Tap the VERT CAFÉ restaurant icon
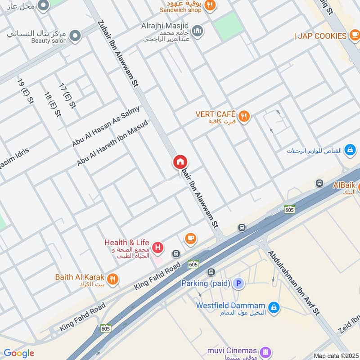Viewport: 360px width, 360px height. [244, 117]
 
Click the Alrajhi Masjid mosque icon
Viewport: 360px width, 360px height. [197, 31]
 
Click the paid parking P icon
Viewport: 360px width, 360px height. [239, 283]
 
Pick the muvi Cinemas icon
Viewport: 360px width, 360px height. [266, 351]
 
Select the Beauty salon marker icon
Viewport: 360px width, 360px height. [75, 36]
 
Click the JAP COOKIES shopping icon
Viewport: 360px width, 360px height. [355, 36]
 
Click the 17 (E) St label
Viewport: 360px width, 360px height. [67, 96]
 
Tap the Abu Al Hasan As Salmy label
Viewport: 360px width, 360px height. [106, 126]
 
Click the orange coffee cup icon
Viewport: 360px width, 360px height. [190, 238]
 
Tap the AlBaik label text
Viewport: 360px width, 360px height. [344, 185]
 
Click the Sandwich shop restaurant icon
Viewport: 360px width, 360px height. [209, 5]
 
